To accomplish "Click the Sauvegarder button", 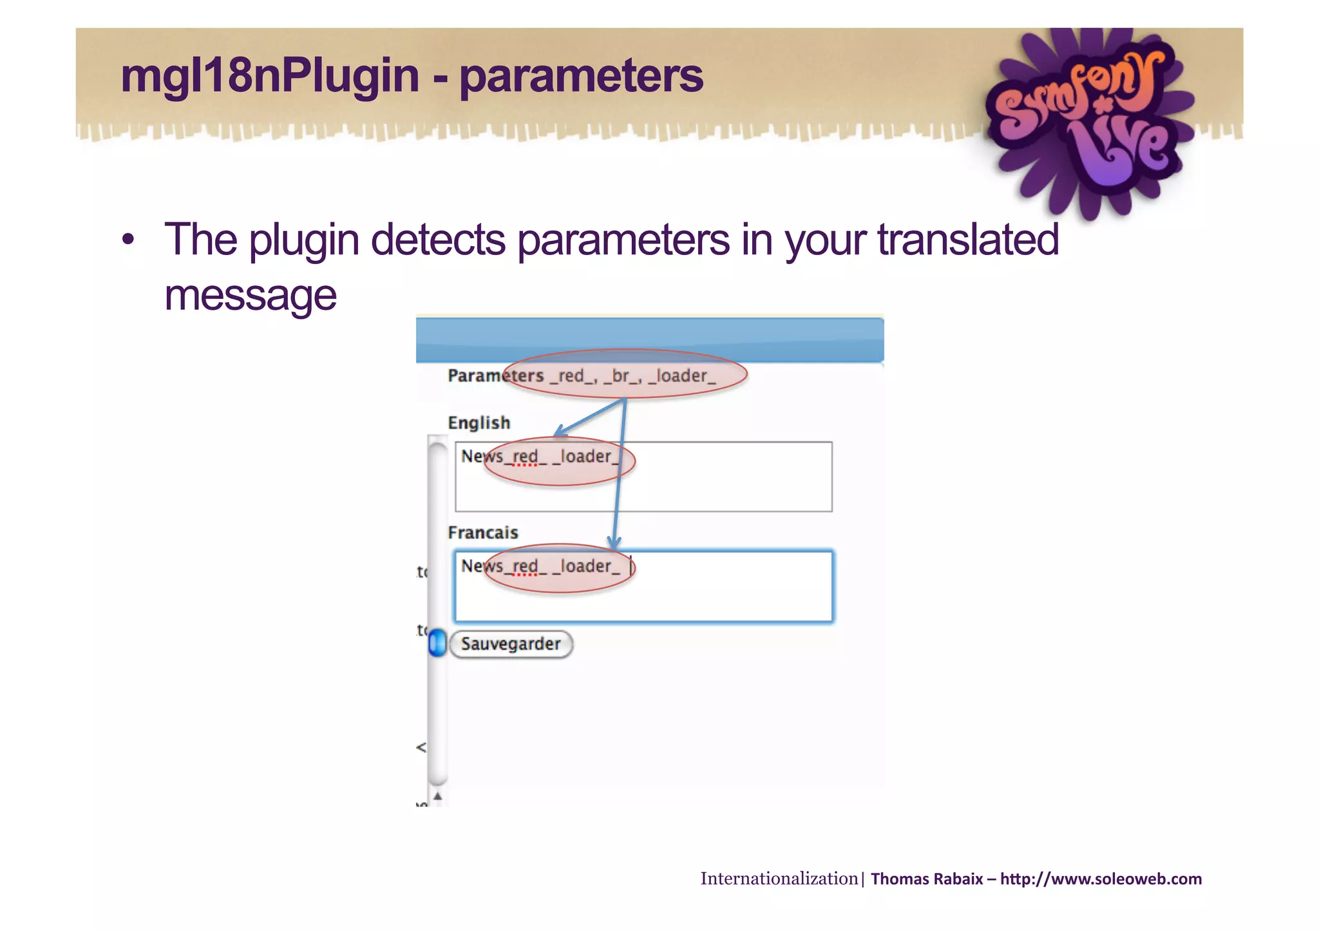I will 511,644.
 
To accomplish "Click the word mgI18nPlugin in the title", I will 269,76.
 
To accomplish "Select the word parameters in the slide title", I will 581,76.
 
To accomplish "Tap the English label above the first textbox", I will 479,423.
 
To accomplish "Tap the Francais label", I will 482,533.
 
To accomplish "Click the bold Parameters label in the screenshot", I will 495,376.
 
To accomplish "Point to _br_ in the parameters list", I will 622,376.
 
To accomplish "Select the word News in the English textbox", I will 481,457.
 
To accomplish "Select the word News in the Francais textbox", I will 481,566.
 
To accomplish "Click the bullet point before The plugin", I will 128,240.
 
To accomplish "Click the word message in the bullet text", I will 250,296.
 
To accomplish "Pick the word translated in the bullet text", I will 967,240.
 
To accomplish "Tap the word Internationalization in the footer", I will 779,879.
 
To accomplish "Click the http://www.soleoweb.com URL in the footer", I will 1101,879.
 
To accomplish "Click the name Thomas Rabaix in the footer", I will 926,879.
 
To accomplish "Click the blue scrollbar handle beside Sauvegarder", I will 437,643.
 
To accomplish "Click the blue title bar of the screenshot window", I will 649,340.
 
